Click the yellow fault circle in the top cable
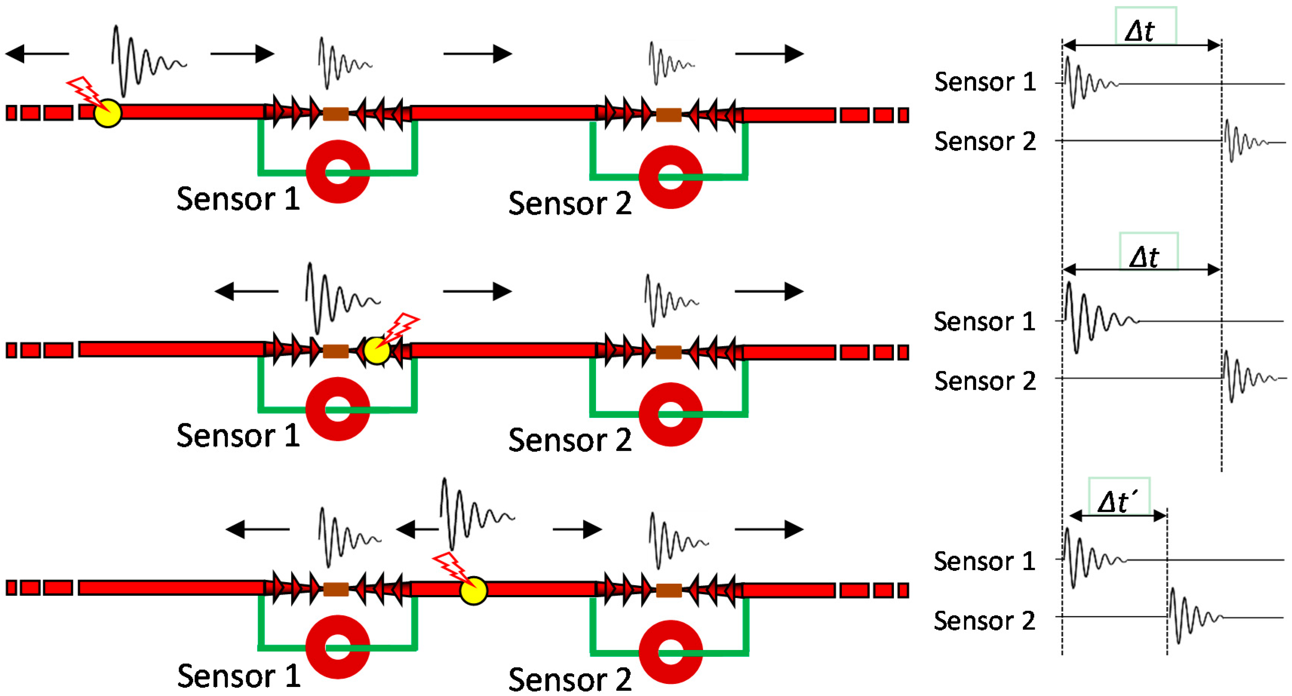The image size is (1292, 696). [x=107, y=113]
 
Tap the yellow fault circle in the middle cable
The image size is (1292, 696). [x=377, y=350]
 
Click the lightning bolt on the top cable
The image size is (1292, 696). [x=88, y=92]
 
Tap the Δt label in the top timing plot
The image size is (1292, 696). [x=1140, y=31]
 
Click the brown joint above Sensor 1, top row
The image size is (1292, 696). [x=336, y=114]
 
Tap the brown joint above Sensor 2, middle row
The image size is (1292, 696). [x=668, y=352]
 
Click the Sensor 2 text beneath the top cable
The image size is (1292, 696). [x=570, y=203]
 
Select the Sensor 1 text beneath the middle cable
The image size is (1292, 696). [x=238, y=435]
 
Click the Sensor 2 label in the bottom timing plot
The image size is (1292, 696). [x=984, y=621]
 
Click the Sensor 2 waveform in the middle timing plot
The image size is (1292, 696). [x=1249, y=377]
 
